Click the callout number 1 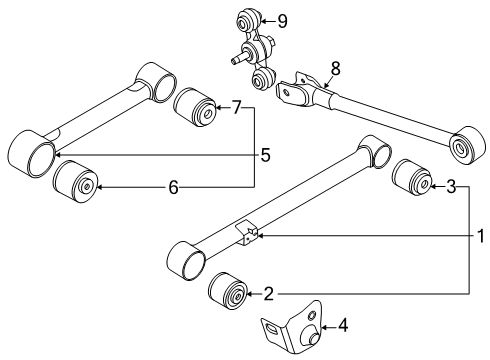[x=481, y=236]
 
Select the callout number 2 [x=269, y=294]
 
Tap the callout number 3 [x=451, y=186]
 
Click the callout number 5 [x=265, y=155]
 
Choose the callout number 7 [x=236, y=107]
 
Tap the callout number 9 [x=282, y=20]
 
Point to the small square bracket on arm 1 [x=248, y=233]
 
